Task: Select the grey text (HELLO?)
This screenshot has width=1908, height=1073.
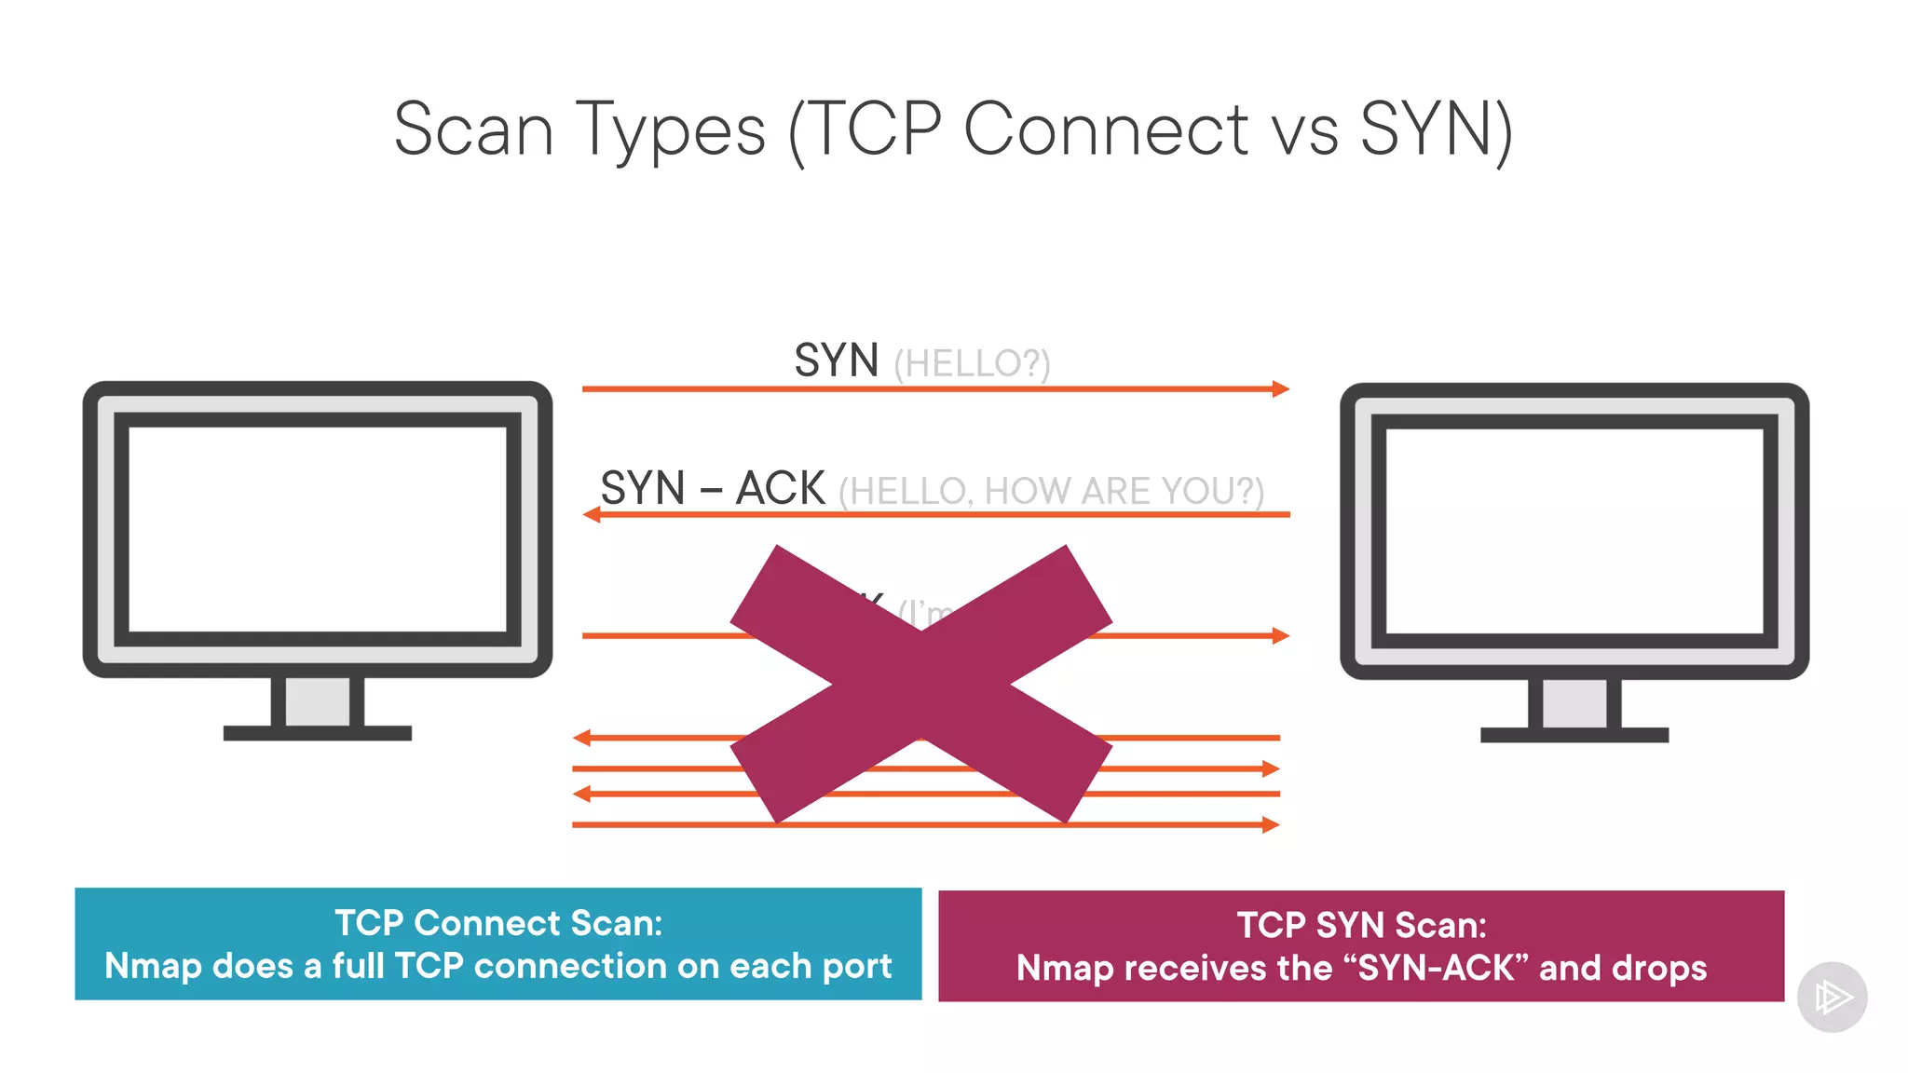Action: (972, 363)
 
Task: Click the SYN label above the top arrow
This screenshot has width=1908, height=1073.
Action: (836, 360)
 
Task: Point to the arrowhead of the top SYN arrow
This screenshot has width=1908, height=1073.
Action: (1282, 388)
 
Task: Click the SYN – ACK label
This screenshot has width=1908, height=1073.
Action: (712, 488)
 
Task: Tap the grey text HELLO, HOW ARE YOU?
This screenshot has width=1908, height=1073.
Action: (1051, 491)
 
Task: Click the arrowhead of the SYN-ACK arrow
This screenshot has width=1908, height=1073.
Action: (591, 514)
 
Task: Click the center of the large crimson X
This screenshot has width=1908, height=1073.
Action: (920, 685)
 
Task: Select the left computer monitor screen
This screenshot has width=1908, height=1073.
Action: (317, 529)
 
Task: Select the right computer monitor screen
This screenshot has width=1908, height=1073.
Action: (1574, 531)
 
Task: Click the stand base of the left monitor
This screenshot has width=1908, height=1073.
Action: (317, 733)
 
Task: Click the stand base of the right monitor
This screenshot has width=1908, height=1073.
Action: (1574, 735)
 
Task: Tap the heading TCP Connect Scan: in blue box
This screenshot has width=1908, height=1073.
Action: (498, 923)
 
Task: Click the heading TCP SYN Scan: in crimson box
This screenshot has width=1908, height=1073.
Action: (1361, 925)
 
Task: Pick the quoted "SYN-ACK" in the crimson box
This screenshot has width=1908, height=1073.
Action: (1437, 968)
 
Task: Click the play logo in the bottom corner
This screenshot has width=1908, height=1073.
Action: (1832, 998)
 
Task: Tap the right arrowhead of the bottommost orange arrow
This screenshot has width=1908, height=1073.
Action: (1271, 824)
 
